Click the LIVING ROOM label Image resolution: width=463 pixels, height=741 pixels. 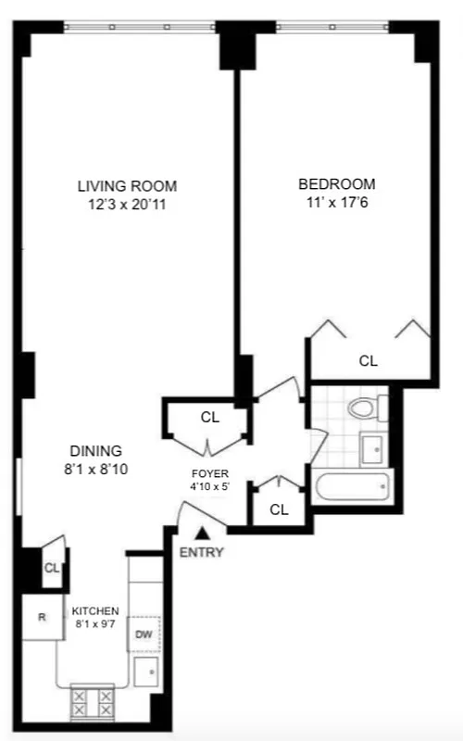coord(127,185)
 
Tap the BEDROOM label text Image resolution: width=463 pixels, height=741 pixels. coord(336,182)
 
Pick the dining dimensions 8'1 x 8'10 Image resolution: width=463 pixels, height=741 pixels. coord(90,469)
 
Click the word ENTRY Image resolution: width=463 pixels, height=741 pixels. coord(202,553)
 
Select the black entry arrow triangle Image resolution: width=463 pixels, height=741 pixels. coord(202,533)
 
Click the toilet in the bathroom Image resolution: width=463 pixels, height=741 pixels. coord(364,408)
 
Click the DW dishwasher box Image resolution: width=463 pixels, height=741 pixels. coord(144,634)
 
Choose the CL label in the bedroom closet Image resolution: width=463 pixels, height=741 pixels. coord(369,360)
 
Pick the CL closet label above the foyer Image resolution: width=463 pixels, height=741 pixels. coord(210,418)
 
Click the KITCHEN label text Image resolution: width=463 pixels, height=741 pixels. coord(96,610)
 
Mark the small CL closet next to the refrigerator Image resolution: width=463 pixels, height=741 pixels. coord(52,568)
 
